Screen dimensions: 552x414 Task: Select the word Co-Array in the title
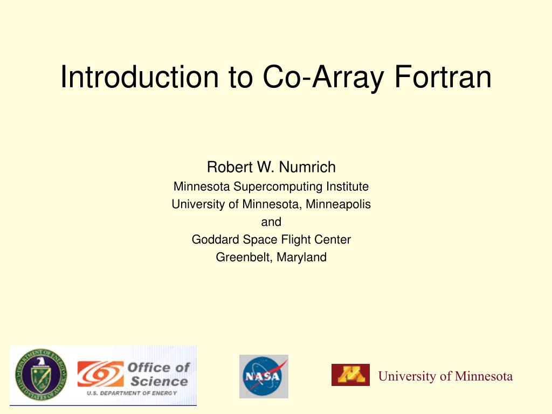tap(323, 79)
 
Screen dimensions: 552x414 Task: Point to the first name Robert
tap(230, 167)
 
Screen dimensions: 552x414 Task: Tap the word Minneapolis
tap(338, 204)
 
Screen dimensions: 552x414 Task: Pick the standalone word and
tap(271, 222)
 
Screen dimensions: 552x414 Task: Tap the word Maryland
tap(301, 258)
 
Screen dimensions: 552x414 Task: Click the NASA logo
tap(264, 376)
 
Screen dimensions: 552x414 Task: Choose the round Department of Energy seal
tap(41, 374)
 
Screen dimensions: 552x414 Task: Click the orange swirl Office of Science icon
tap(100, 374)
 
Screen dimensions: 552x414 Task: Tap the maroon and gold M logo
tap(350, 375)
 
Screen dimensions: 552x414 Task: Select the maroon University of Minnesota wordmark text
tap(445, 376)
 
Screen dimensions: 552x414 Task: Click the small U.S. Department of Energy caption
tap(132, 393)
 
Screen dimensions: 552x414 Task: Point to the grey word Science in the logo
tap(159, 381)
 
